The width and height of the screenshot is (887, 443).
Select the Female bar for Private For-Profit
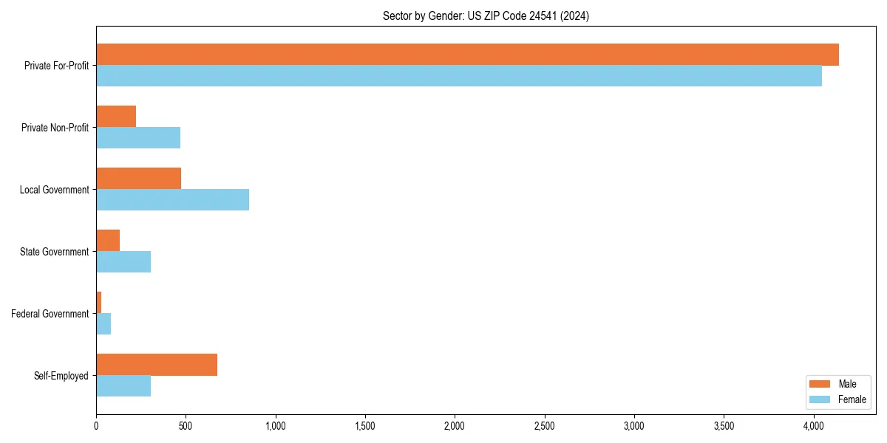458,76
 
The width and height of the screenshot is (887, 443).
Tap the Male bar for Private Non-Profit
116,117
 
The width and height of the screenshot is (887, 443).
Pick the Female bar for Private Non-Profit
138,138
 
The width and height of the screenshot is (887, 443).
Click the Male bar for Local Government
138,179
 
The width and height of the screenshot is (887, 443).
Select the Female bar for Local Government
172,200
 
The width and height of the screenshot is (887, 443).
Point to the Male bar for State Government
108,241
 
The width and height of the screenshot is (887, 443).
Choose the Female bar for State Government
123,262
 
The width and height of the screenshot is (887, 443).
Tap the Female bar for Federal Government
103,324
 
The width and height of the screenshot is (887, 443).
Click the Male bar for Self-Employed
157,365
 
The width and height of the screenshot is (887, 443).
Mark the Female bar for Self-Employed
123,386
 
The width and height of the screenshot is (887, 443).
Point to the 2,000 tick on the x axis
455,426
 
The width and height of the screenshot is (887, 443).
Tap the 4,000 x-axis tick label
813,426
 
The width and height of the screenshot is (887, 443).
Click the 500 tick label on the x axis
186,426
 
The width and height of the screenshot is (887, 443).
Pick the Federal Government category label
50,314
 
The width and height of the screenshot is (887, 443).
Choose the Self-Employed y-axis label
61,376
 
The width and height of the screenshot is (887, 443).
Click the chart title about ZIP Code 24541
486,16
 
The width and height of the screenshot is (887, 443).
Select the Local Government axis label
55,190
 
